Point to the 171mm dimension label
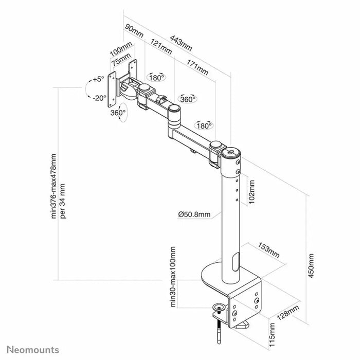point(197,67)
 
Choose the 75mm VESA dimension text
point(123,62)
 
